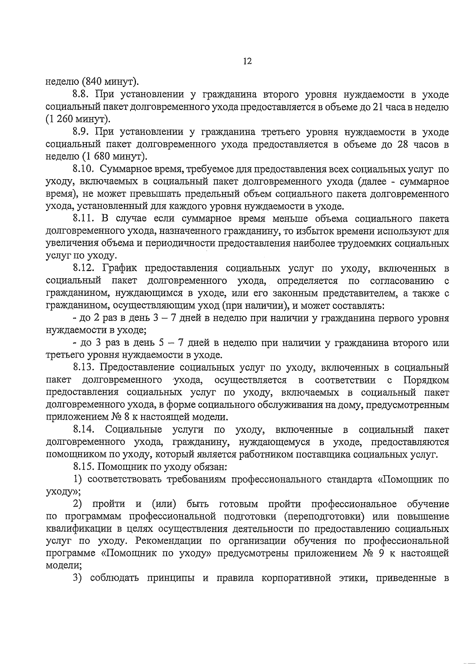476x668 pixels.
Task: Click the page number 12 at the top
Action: click(247, 61)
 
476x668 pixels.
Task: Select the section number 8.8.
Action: click(83, 94)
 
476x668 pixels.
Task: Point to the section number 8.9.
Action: click(83, 132)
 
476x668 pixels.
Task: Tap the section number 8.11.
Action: click(84, 218)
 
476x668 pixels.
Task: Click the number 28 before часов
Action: click(403, 144)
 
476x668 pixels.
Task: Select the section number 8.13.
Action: click(84, 367)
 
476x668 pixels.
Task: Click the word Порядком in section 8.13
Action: click(426, 380)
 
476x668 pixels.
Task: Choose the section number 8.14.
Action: click(84, 430)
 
